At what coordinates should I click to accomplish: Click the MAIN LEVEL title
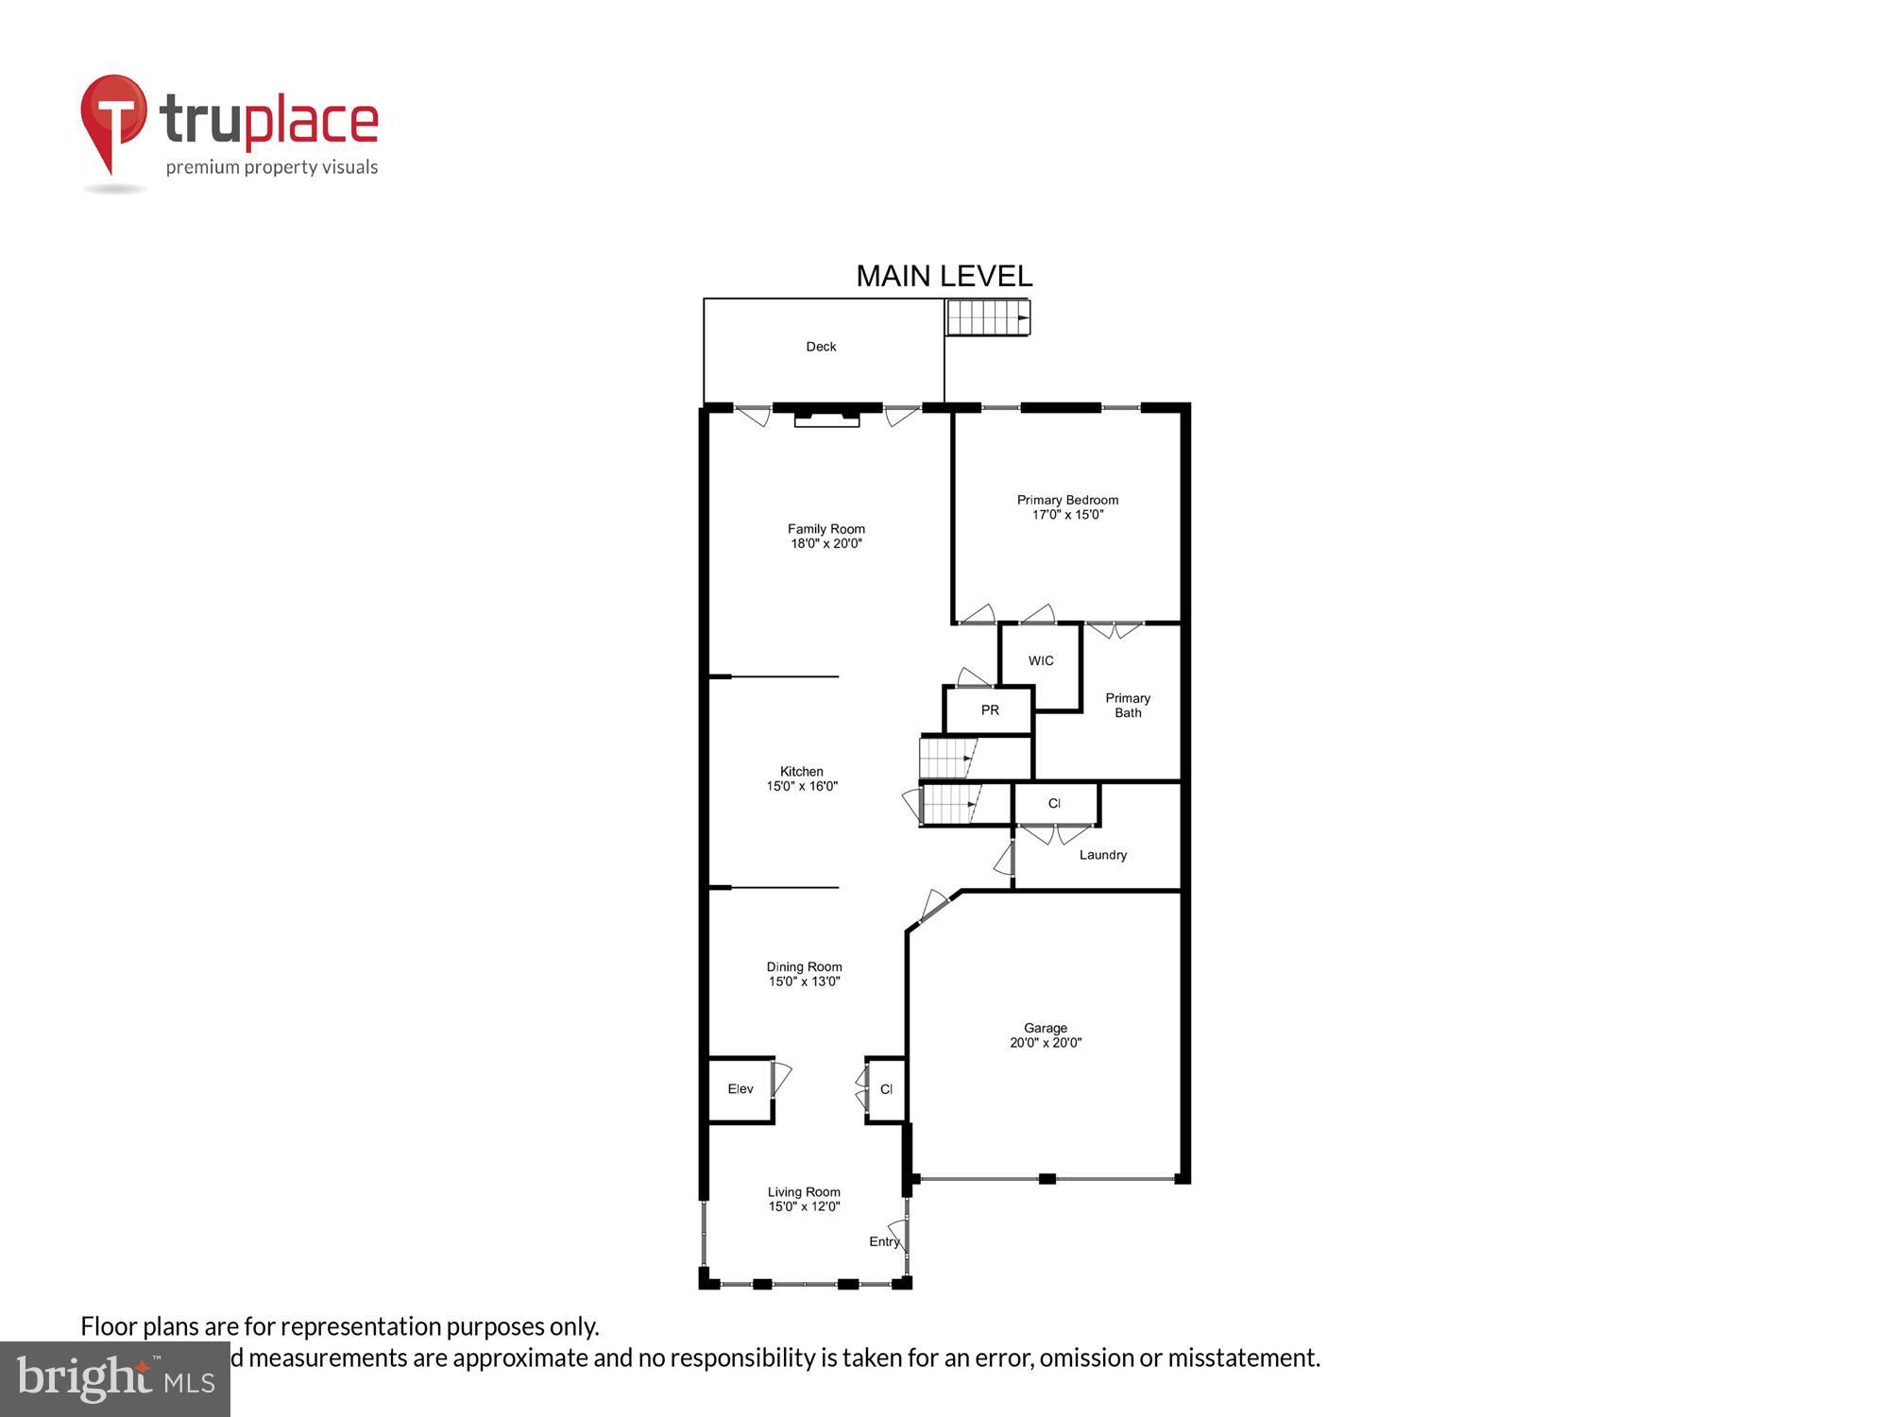(944, 276)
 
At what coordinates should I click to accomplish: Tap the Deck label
(821, 347)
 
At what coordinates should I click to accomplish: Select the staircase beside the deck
(987, 317)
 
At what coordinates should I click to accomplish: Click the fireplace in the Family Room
(826, 417)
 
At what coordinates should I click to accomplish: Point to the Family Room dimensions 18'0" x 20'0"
(826, 544)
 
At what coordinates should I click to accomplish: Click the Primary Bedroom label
(1067, 500)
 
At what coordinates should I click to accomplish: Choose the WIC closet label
(1041, 661)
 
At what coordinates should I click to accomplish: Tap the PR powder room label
(990, 710)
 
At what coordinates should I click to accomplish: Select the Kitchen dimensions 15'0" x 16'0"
(802, 786)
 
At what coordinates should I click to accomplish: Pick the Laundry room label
(1103, 855)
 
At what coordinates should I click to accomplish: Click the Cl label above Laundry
(1054, 804)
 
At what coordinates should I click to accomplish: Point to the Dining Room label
(804, 966)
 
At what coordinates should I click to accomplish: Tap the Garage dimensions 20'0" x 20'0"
(1046, 1043)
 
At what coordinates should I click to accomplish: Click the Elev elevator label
(740, 1089)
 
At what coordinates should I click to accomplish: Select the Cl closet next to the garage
(886, 1089)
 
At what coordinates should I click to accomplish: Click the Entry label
(884, 1241)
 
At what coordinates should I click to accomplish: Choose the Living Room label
(804, 1192)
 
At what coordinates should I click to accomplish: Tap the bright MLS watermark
(115, 1379)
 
